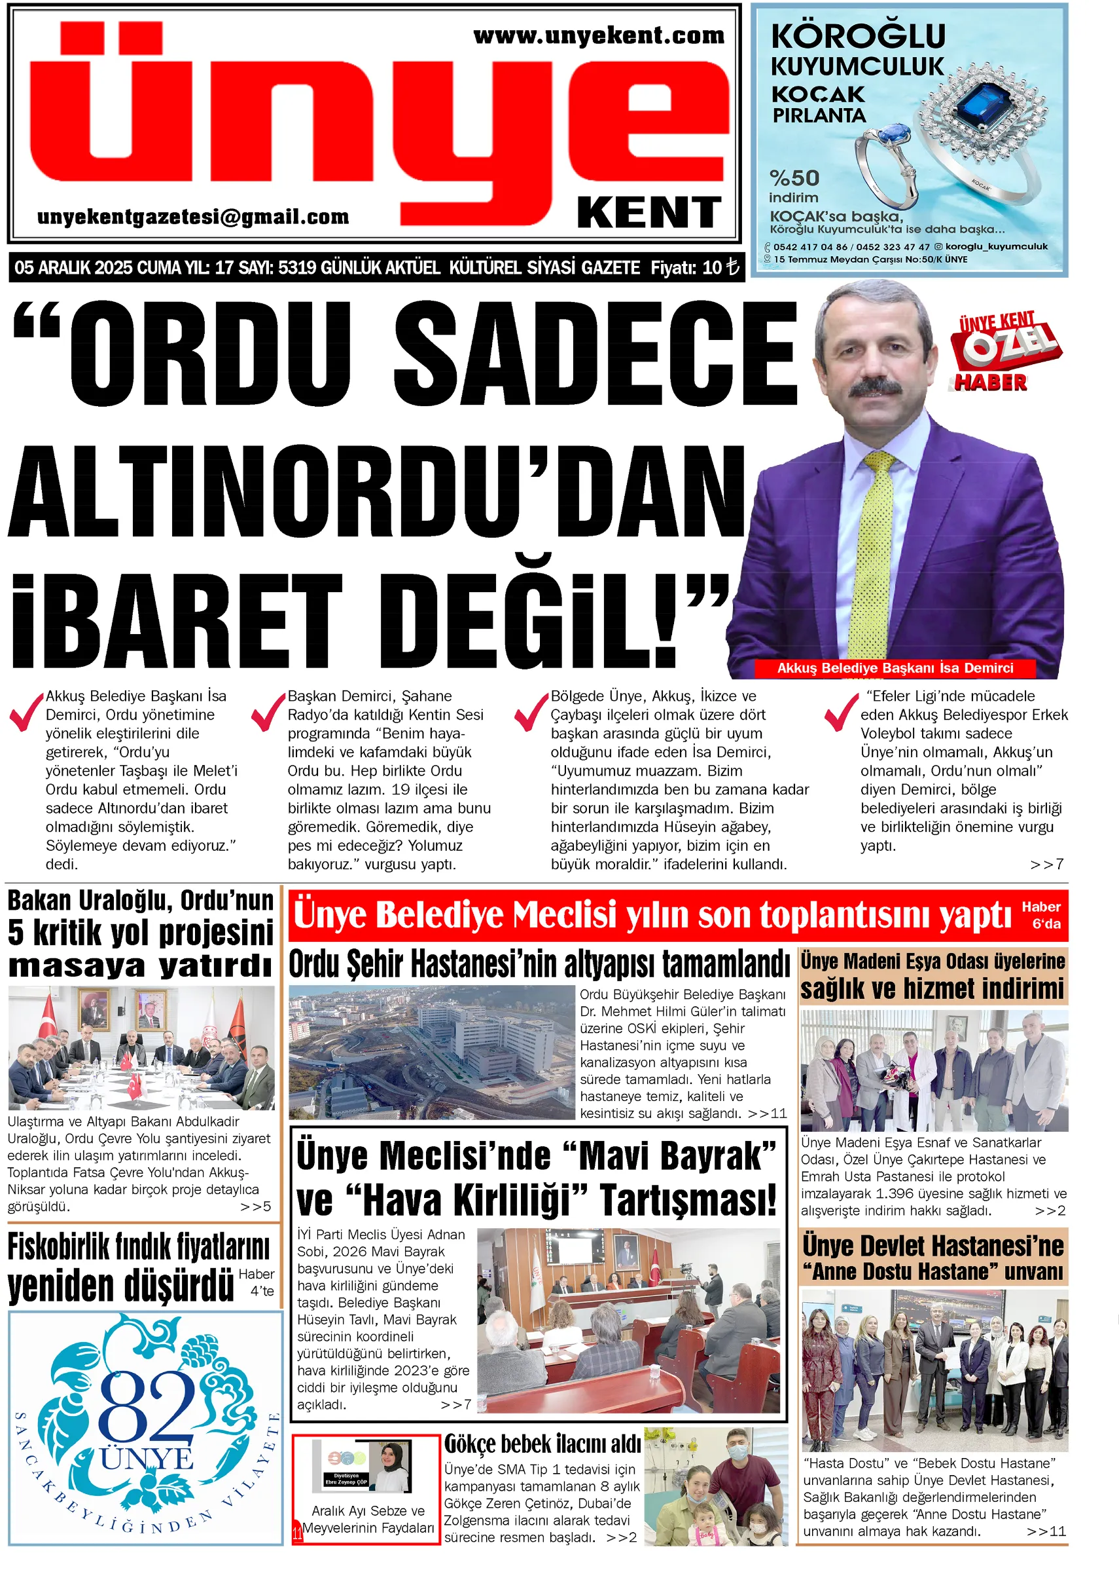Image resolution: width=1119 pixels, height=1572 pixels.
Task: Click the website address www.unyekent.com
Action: pyautogui.click(x=598, y=36)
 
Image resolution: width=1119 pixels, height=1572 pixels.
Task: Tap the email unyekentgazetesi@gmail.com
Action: pyautogui.click(x=193, y=217)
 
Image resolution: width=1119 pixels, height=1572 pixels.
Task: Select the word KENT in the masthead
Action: pyautogui.click(x=648, y=212)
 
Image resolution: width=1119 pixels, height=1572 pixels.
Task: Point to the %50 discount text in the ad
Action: pyautogui.click(x=794, y=178)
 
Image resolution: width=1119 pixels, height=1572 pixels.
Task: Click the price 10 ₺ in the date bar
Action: pyautogui.click(x=720, y=267)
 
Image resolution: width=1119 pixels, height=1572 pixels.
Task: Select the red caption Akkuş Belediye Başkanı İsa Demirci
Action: pyautogui.click(x=895, y=667)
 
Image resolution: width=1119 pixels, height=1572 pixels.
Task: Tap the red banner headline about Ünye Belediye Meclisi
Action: pyautogui.click(x=651, y=915)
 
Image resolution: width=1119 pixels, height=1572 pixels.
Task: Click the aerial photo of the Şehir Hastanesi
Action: pyautogui.click(x=431, y=1051)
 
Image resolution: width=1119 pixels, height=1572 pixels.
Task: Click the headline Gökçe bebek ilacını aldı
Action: pyautogui.click(x=542, y=1443)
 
